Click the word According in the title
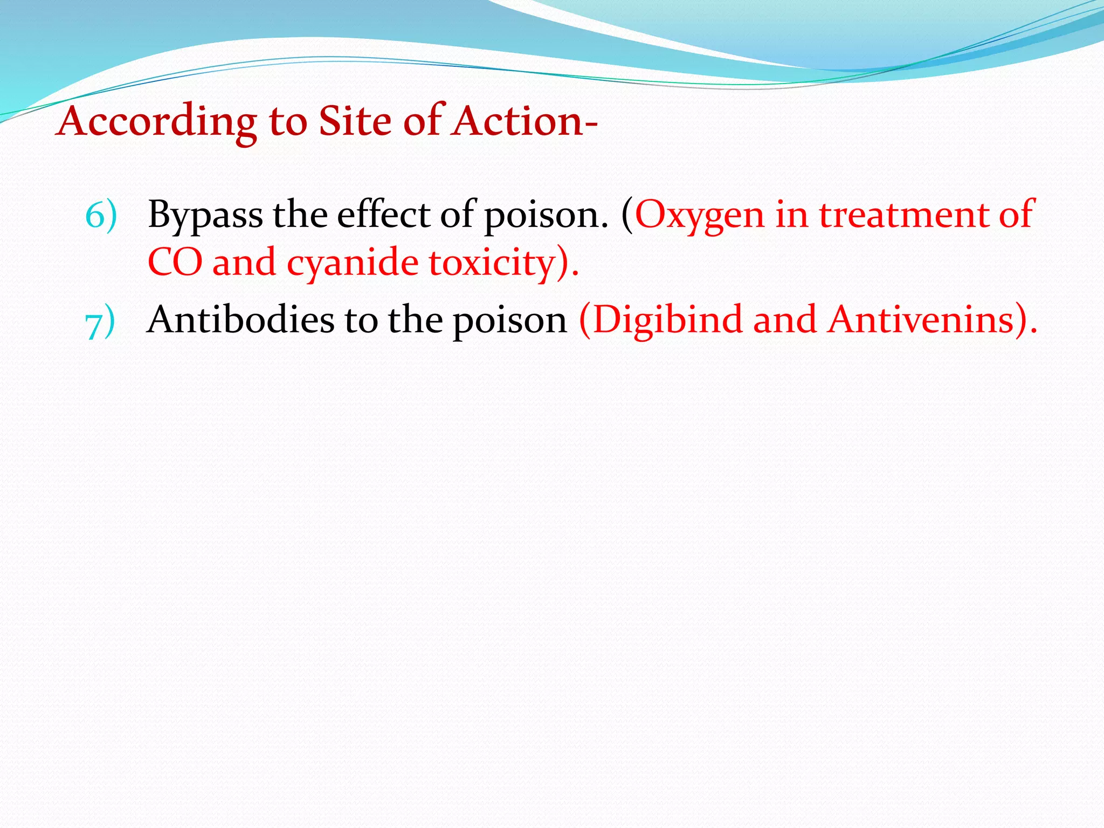[x=157, y=122]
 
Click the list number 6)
[x=101, y=215]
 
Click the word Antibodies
[x=240, y=320]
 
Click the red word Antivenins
[x=922, y=320]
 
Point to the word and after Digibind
[x=785, y=320]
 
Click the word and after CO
[x=244, y=263]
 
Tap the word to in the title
[x=288, y=122]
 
